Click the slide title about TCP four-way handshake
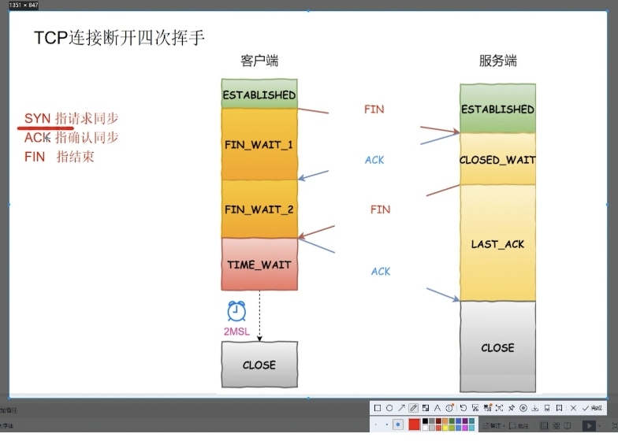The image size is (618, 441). [120, 37]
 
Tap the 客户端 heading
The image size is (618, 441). [259, 61]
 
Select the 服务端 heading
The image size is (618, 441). [497, 61]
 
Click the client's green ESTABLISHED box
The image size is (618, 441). [259, 94]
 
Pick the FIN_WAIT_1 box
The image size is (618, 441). [259, 145]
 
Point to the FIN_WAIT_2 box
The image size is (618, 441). [259, 209]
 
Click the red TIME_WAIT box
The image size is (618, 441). [259, 265]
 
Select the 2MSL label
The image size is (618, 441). [236, 332]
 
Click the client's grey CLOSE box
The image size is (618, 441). [259, 365]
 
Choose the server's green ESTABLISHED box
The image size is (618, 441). [497, 109]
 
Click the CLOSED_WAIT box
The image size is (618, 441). [497, 159]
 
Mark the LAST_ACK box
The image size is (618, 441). [497, 243]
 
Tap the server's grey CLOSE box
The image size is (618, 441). [497, 346]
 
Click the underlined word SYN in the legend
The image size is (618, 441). [37, 118]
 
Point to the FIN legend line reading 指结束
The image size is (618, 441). [59, 157]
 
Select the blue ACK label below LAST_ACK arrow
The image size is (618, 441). [381, 272]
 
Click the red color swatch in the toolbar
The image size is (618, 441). [415, 424]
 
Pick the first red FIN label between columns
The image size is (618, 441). [374, 109]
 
